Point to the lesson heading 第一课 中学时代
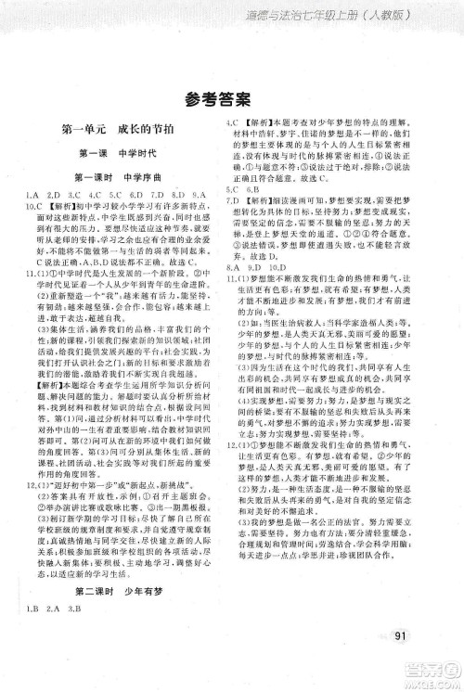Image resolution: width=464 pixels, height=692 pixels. point(113,154)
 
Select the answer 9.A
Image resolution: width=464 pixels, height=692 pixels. point(207,193)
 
